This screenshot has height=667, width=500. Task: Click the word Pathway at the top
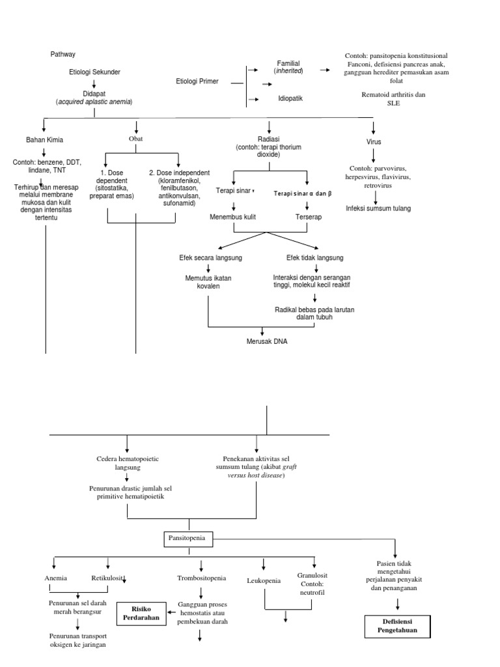point(63,54)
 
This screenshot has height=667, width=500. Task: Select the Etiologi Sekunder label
point(94,72)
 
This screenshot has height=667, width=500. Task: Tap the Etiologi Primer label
point(197,81)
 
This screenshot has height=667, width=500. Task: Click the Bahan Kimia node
point(44,140)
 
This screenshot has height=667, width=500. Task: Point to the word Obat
point(136,139)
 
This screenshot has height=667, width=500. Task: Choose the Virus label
point(374,141)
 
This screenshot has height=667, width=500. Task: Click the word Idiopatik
point(290,98)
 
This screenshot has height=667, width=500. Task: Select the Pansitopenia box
point(189,539)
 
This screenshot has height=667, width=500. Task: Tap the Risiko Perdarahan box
point(141,612)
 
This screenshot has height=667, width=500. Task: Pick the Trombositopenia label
point(201,578)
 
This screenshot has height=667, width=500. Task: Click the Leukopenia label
point(264,580)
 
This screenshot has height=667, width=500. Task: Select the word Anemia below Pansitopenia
point(55,578)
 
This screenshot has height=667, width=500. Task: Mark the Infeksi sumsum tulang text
point(378,208)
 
